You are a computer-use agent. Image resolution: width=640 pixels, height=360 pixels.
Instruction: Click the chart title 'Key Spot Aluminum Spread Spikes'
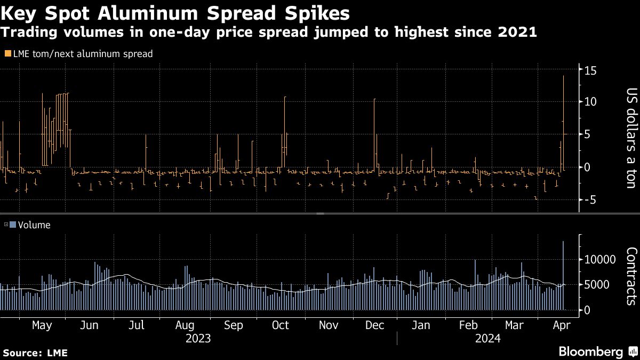[175, 12]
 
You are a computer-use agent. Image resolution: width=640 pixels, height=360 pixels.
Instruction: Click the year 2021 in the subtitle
[517, 33]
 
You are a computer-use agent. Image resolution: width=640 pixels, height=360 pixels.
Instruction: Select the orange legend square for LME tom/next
[7, 53]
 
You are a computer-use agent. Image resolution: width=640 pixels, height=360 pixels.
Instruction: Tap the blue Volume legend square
[13, 225]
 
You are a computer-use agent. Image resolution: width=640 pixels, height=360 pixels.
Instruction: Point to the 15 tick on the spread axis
[590, 70]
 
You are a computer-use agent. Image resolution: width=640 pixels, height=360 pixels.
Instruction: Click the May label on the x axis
[42, 325]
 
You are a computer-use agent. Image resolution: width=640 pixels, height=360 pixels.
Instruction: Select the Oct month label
[280, 325]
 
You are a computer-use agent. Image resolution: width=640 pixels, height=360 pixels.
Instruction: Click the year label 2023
[197, 339]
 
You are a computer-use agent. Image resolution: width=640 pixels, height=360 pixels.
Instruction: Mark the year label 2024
[487, 339]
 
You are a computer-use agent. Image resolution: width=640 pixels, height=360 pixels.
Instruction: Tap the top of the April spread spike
[563, 76]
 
